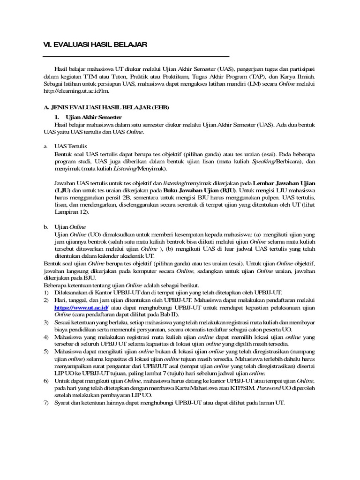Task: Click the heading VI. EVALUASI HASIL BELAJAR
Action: [95, 45]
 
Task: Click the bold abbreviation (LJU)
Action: [62, 191]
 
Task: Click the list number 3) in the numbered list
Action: [46, 323]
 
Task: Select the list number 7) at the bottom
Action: [46, 404]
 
